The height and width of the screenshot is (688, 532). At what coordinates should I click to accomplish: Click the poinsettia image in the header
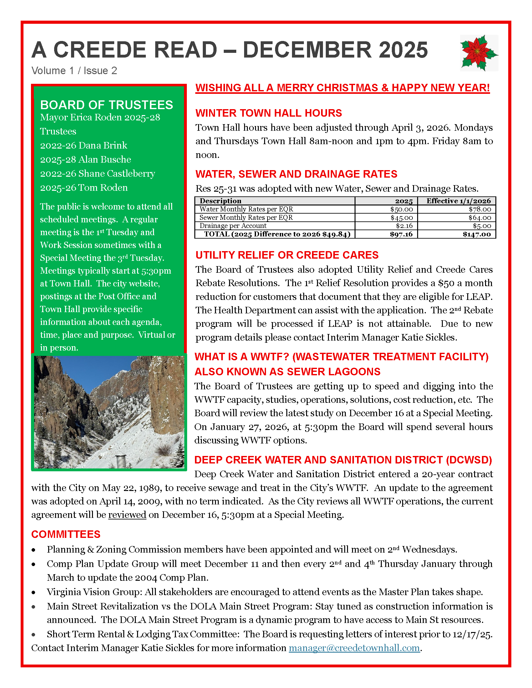click(479, 53)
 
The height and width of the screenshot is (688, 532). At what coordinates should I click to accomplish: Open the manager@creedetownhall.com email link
click(354, 648)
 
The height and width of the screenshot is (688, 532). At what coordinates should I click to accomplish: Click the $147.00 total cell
click(477, 234)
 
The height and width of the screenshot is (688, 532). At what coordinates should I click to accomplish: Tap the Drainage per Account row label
click(233, 226)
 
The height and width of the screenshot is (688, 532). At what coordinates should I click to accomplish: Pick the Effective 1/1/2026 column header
click(458, 201)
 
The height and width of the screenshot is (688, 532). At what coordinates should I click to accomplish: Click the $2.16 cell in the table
click(404, 226)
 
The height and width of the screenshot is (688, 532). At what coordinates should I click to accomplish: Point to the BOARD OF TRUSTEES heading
click(106, 105)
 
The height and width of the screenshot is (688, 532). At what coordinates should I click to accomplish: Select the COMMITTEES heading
click(66, 534)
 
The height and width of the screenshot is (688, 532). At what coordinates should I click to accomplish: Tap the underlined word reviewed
click(127, 515)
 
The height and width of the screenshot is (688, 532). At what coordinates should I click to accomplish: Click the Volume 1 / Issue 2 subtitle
click(74, 71)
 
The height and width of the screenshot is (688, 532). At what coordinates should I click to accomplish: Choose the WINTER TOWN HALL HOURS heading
click(269, 113)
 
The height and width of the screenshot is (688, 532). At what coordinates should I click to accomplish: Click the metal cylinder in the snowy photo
click(121, 461)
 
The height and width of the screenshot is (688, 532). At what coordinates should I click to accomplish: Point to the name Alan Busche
click(105, 159)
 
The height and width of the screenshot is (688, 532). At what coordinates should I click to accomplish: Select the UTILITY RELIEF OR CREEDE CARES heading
click(287, 255)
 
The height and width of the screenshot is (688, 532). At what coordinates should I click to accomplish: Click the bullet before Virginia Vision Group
click(33, 593)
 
